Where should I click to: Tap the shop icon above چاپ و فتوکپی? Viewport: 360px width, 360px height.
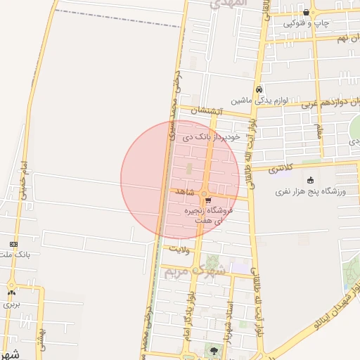click(x=306, y=12)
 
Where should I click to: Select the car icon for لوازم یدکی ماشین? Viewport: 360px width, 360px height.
click(x=259, y=90)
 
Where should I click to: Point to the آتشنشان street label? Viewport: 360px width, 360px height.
click(x=209, y=111)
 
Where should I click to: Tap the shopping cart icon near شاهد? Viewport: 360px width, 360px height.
click(x=208, y=200)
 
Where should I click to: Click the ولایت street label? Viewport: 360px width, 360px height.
click(x=181, y=248)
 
